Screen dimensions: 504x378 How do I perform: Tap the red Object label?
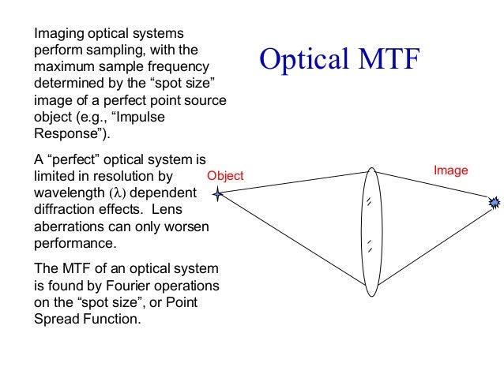[x=225, y=176]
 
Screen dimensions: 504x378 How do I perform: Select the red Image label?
[x=452, y=170]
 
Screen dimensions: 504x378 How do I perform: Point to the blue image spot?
[x=495, y=203]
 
